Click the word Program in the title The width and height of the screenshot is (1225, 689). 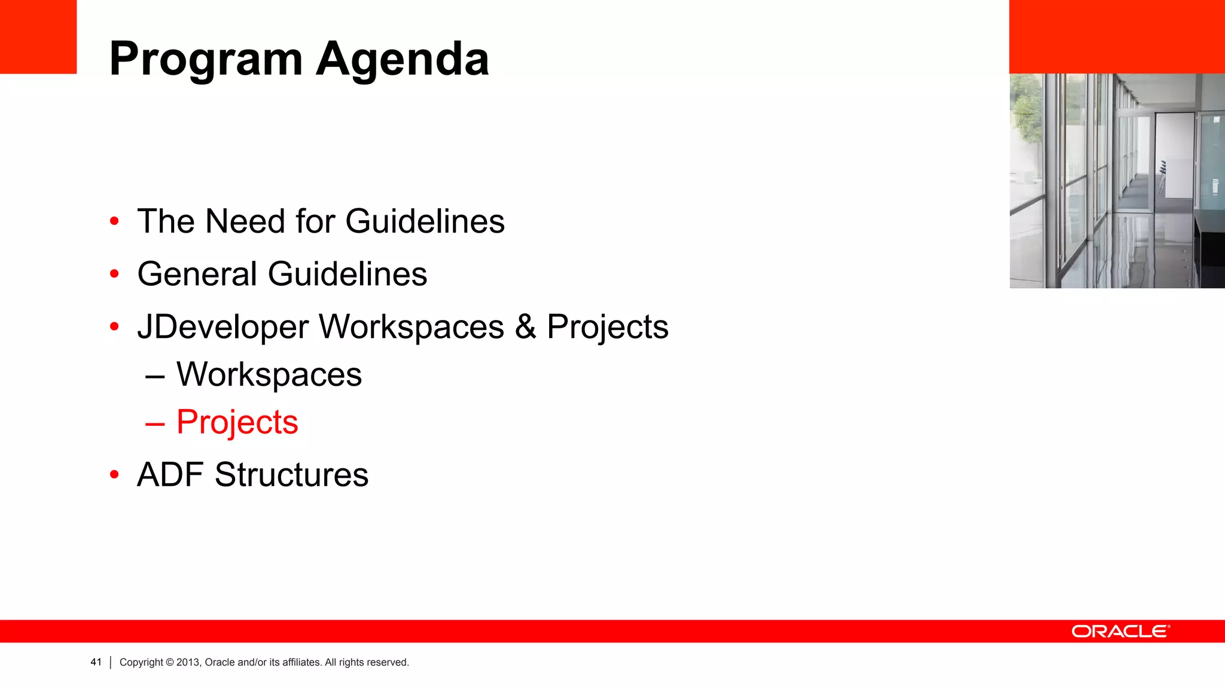[x=206, y=60]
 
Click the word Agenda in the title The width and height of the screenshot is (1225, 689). [x=403, y=60]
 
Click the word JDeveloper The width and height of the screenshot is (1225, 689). [x=223, y=327]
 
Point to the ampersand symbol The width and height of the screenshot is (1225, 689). [x=525, y=327]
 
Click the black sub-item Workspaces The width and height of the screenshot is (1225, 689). [x=269, y=375]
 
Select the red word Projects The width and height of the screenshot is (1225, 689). [x=237, y=422]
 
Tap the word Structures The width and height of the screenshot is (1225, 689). [x=291, y=475]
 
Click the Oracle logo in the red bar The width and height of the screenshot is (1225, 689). [x=1120, y=632]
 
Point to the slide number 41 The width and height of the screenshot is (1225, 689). [x=96, y=662]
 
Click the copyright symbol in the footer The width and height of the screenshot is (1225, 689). [x=170, y=662]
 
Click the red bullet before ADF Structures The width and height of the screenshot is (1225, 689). [x=114, y=475]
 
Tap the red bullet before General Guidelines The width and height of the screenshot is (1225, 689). [x=114, y=275]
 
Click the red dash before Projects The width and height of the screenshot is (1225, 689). [x=155, y=424]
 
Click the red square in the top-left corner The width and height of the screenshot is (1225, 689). [x=38, y=36]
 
